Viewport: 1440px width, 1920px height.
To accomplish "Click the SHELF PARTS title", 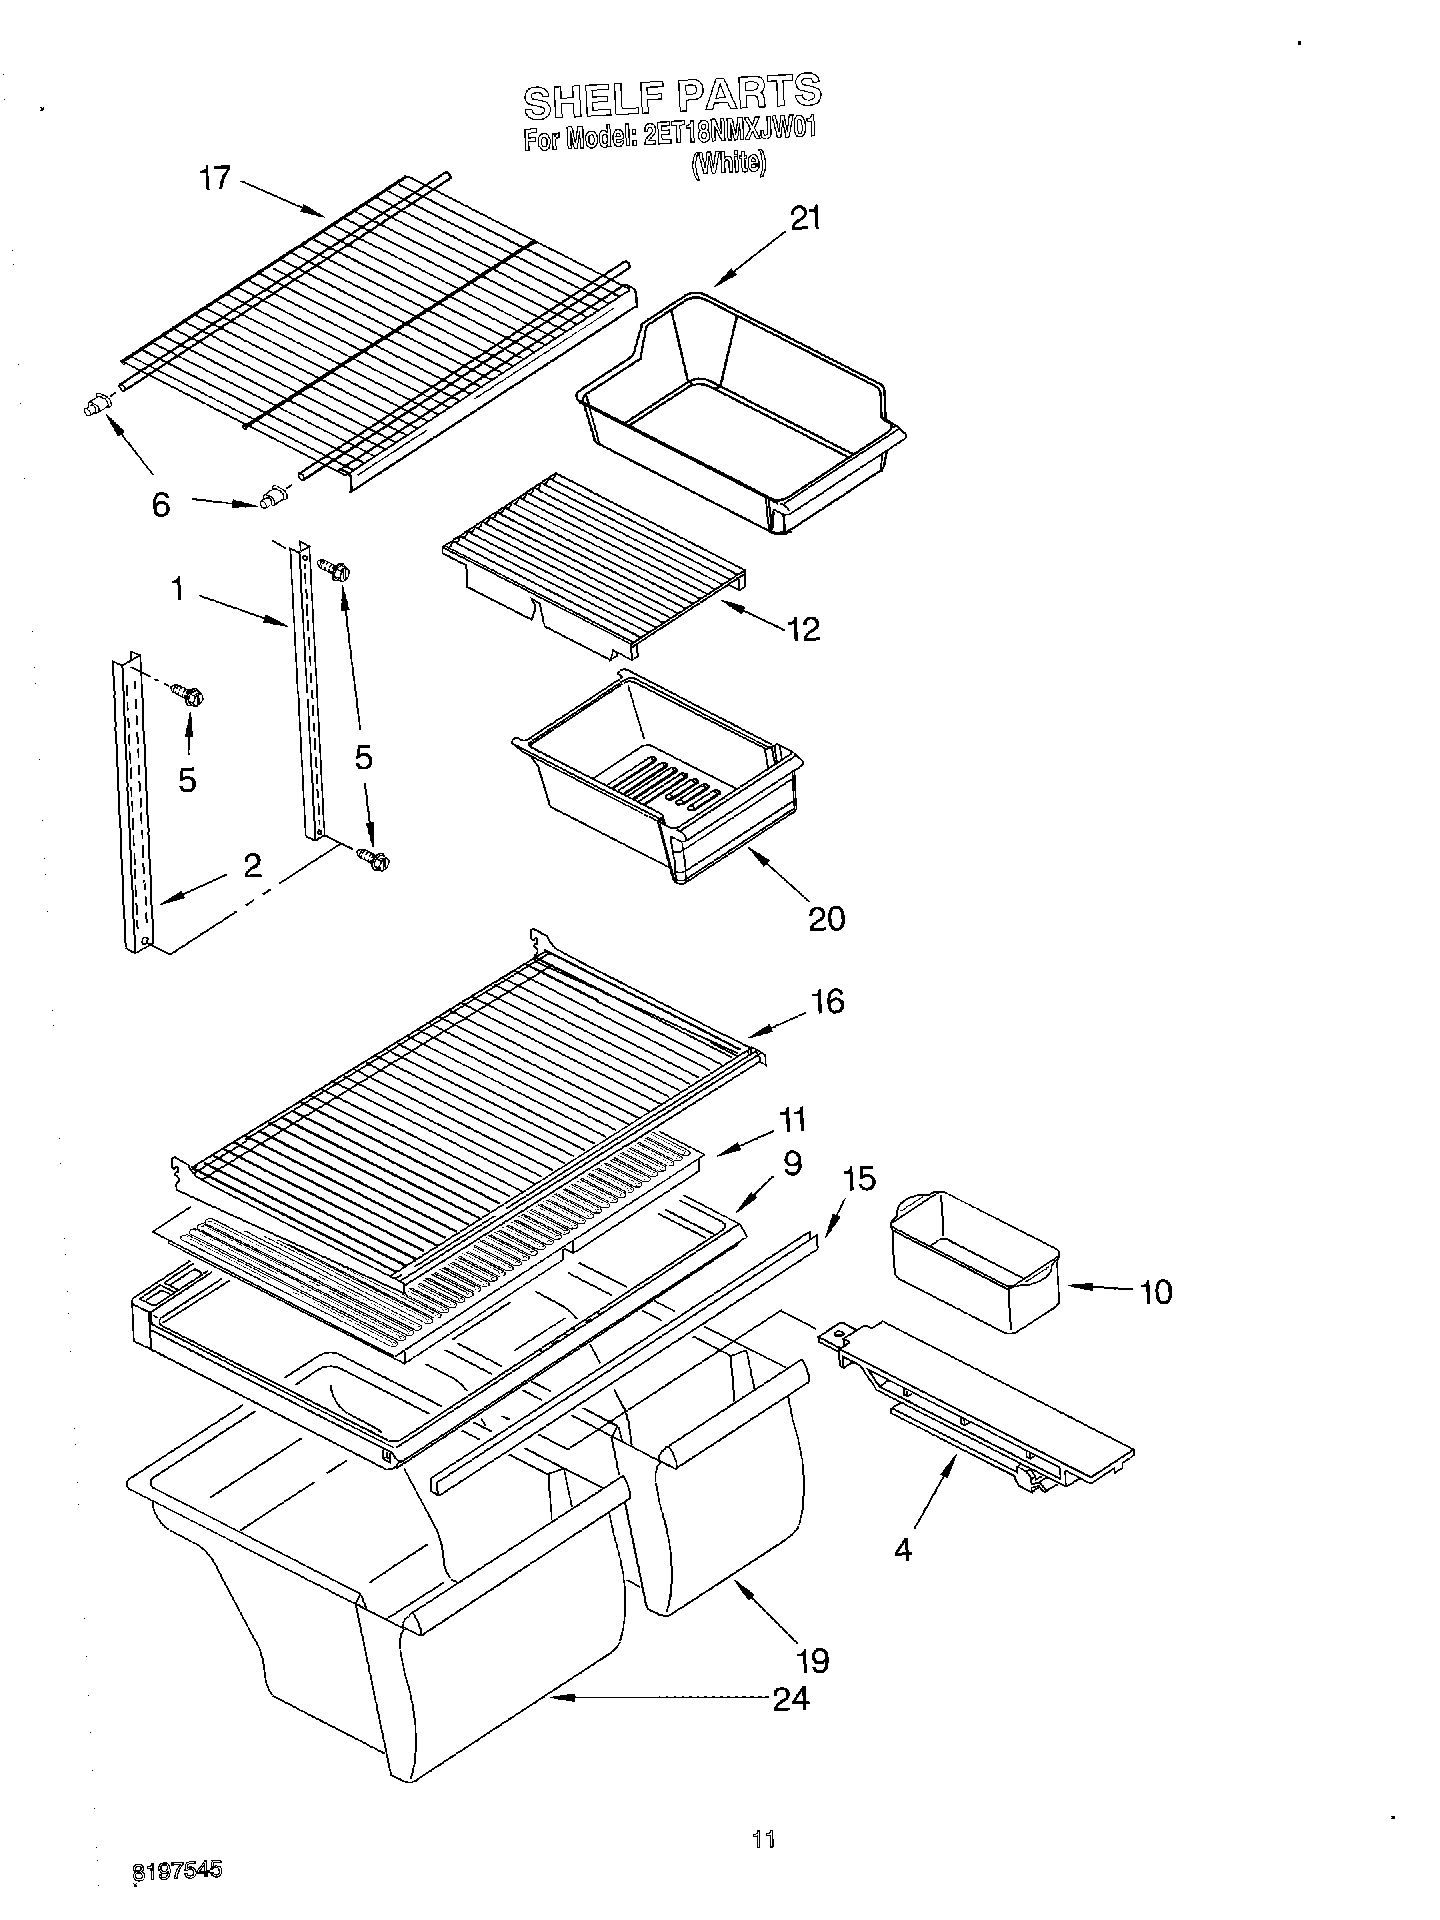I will coord(672,96).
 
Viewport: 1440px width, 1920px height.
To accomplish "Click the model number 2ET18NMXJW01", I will coord(725,137).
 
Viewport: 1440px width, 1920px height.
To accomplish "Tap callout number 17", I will coord(214,179).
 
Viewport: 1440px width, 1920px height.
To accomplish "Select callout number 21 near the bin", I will coord(805,218).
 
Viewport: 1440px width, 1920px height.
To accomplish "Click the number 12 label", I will coord(803,628).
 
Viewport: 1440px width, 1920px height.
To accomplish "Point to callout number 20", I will coord(826,917).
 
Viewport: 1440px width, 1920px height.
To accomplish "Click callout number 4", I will coord(902,1550).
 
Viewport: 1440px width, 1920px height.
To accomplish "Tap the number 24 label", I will coord(790,1698).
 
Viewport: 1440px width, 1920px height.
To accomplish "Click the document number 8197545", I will coord(177,1870).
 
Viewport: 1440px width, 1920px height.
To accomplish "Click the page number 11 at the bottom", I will coord(763,1838).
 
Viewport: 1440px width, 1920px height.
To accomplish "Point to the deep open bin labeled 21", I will coord(740,410).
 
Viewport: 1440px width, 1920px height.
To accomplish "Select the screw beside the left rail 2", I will coord(186,692).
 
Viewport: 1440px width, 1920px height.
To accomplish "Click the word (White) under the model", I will coord(728,163).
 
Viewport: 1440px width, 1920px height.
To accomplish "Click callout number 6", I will coord(160,505).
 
